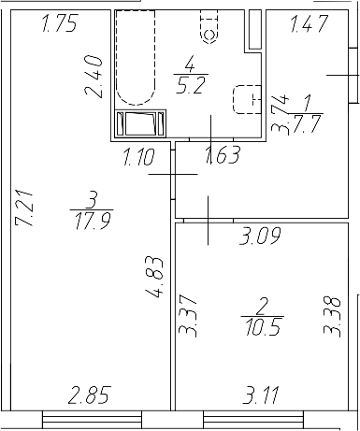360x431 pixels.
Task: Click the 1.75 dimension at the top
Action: tap(60, 25)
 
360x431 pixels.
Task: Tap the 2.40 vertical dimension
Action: tap(92, 78)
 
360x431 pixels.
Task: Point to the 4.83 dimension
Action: tap(156, 278)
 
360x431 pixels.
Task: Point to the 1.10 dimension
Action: tap(140, 156)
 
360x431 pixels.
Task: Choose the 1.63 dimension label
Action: tap(223, 154)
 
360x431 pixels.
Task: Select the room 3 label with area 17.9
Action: tap(92, 209)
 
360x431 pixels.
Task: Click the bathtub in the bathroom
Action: tap(134, 57)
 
